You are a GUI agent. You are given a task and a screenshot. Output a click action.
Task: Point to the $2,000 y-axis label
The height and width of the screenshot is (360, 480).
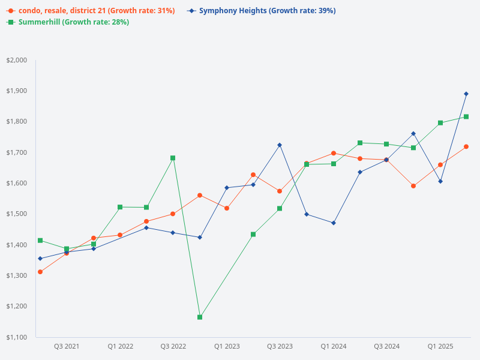[x=17, y=60]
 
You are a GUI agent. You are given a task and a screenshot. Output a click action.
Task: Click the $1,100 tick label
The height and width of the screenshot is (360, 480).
[x=17, y=337]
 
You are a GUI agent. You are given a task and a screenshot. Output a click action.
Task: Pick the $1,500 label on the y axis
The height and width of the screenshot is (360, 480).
[x=17, y=214]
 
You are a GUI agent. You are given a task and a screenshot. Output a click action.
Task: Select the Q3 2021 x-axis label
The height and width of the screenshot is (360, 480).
[x=67, y=346]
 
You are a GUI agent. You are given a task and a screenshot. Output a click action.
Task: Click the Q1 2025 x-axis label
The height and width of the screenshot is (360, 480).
[x=440, y=346]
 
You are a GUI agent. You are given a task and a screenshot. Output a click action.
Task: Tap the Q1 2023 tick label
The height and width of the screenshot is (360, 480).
[x=227, y=346]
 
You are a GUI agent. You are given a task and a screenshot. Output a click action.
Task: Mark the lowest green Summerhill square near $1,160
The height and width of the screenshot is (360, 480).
[x=200, y=317]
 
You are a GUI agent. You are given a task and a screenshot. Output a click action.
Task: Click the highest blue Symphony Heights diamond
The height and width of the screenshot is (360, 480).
[x=466, y=94]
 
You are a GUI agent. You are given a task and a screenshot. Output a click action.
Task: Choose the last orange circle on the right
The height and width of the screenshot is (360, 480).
[x=466, y=146]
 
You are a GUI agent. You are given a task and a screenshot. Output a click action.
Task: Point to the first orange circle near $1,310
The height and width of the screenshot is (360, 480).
[x=40, y=272]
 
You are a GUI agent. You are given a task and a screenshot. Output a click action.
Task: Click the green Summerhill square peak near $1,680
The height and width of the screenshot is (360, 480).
[x=173, y=158]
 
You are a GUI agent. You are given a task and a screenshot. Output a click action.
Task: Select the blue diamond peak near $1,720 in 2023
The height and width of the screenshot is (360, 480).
[x=280, y=145]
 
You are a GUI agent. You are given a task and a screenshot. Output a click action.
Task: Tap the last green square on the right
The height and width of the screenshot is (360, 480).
[x=466, y=116]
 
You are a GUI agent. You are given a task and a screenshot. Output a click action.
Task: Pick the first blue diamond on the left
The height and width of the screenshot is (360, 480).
[x=40, y=259]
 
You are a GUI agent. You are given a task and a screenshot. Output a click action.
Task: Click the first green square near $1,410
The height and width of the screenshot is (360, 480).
[x=40, y=241]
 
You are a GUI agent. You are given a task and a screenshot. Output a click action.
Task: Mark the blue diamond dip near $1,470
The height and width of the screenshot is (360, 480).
[x=333, y=223]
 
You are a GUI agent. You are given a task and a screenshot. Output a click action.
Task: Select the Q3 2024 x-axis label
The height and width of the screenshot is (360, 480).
[x=386, y=346]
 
